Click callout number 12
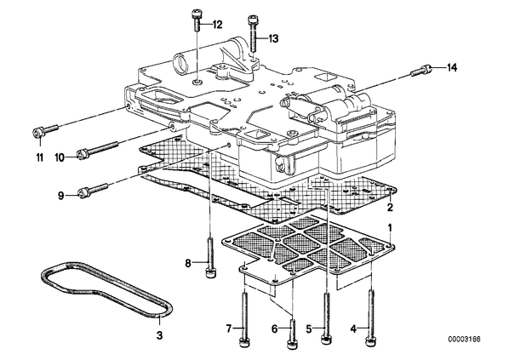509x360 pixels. pyautogui.click(x=218, y=25)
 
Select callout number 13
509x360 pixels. pyautogui.click(x=274, y=39)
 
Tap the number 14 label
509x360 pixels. pyautogui.click(x=452, y=68)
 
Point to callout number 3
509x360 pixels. pyautogui.click(x=159, y=335)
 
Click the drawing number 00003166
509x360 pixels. pyautogui.click(x=464, y=340)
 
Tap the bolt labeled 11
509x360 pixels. pyautogui.click(x=46, y=130)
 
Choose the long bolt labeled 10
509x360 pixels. pyautogui.click(x=97, y=148)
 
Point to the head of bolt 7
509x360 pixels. pyautogui.click(x=245, y=343)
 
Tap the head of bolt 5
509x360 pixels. pyautogui.click(x=327, y=340)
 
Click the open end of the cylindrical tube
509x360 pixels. pyautogui.click(x=180, y=65)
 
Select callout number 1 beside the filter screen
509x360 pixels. pyautogui.click(x=390, y=228)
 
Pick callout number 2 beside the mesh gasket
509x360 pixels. pyautogui.click(x=390, y=207)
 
